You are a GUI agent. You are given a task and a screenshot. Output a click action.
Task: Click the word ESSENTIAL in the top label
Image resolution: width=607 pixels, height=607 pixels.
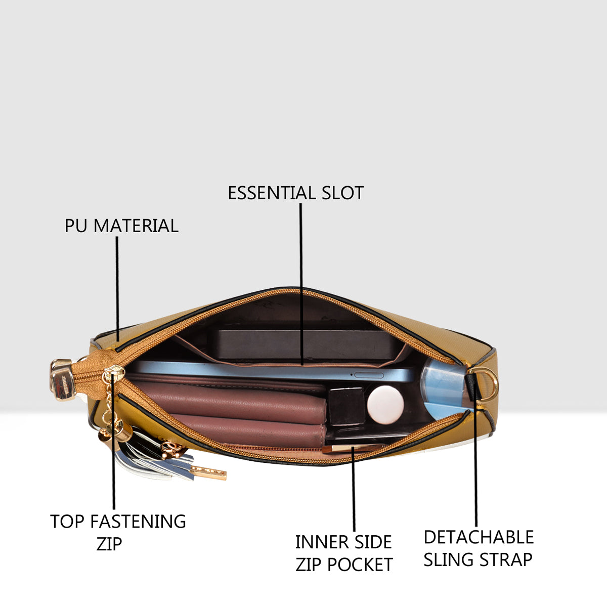coord(272,193)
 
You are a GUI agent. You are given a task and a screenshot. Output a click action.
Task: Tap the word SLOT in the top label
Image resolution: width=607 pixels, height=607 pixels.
coord(343,193)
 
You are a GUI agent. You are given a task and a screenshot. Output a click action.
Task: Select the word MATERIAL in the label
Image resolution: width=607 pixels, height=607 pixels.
coord(136,226)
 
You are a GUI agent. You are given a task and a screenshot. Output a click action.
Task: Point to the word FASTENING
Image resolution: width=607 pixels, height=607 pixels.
coord(138,522)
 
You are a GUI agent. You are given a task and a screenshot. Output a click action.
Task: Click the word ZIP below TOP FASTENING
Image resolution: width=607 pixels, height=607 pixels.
coord(109,544)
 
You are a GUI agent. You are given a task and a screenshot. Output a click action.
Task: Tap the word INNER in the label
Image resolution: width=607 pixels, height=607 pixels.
coord(322,542)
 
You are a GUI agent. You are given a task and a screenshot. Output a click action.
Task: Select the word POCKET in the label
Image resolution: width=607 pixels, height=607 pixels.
coord(360,565)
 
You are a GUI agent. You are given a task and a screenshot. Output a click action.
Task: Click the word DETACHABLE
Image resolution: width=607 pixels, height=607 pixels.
coord(479,537)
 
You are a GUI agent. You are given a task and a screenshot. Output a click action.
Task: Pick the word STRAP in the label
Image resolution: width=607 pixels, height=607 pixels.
coord(505,560)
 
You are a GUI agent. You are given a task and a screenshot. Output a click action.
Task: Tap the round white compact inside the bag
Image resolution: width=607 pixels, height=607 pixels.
coord(385,405)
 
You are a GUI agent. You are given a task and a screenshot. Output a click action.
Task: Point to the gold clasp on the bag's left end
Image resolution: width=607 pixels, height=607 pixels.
coord(62,380)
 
